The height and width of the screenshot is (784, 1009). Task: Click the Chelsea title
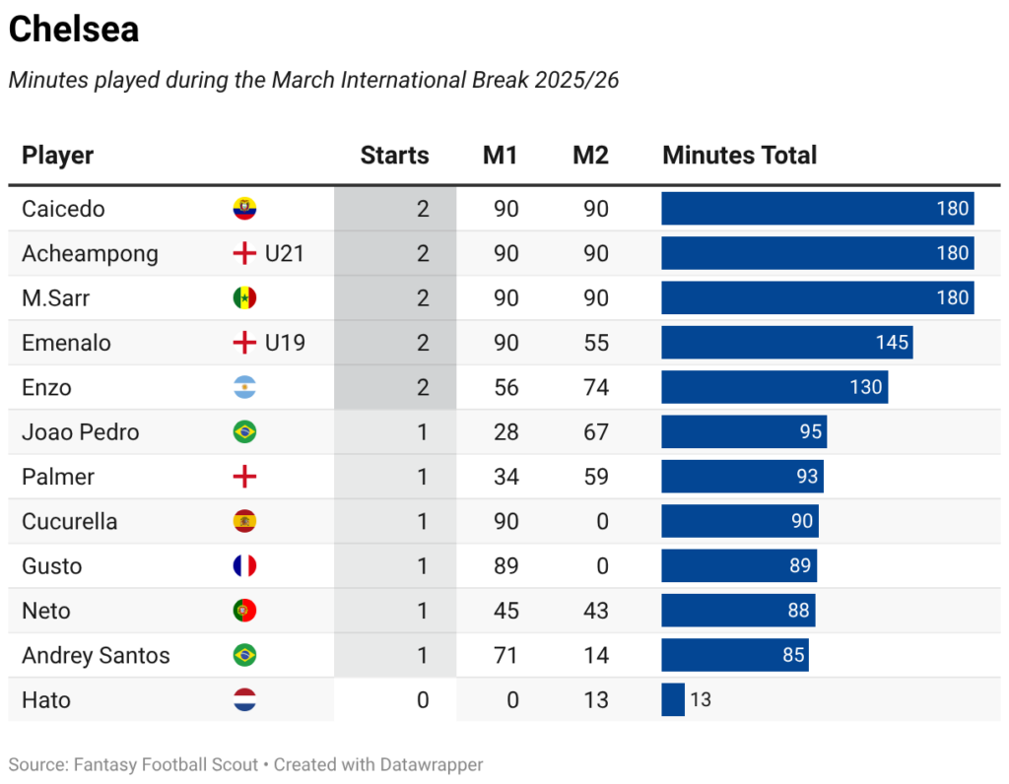coord(74,30)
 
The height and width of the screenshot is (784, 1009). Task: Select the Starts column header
coord(394,155)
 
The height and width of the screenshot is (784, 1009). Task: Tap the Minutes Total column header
coord(739,155)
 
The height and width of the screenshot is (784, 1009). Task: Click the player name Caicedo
coord(63,209)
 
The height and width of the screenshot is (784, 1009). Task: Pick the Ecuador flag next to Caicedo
coord(244,209)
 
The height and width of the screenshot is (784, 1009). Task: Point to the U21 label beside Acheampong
coord(284,253)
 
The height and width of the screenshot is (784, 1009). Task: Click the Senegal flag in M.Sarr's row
coord(244,298)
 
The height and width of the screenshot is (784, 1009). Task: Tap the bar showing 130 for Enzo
coord(774,387)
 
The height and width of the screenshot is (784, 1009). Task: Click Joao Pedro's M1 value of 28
coord(505,432)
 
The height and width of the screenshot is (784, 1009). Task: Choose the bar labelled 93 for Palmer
coord(742,477)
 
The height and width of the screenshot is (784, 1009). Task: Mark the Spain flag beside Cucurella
coord(244,521)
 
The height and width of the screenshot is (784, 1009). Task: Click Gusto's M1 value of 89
coord(505,565)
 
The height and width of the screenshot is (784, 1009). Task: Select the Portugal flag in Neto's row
coord(244,611)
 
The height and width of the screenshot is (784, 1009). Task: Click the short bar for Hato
coord(673,699)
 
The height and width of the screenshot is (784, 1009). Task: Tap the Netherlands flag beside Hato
coord(244,699)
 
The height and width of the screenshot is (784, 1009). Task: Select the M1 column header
coord(500,155)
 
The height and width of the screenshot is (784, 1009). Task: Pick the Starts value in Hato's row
coord(423,699)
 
